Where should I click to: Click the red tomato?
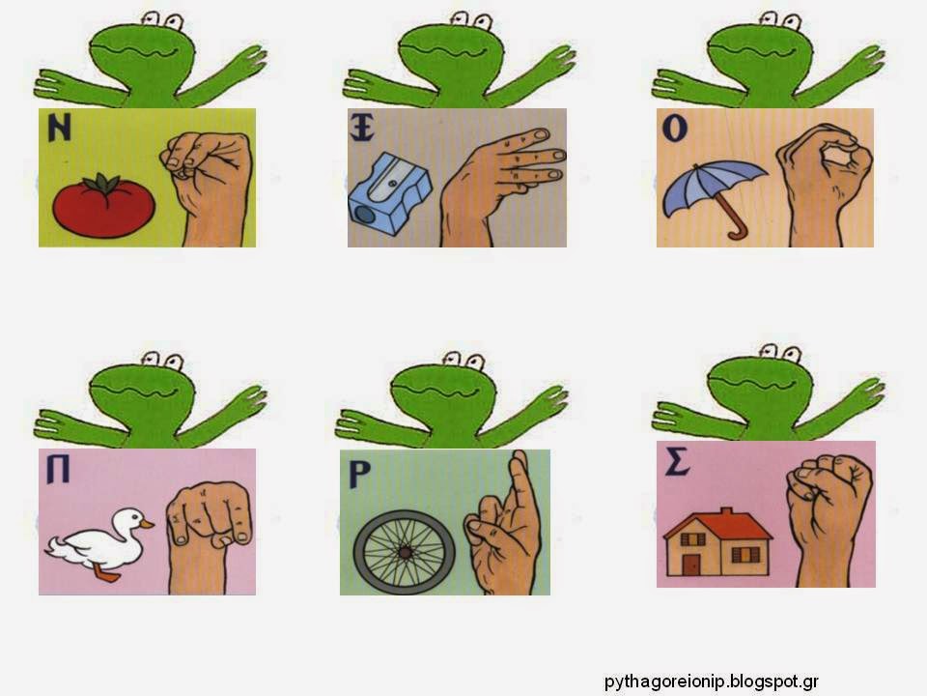[103, 206]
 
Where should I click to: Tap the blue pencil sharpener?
[389, 194]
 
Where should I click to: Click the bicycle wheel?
[405, 552]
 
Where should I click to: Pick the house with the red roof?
[717, 541]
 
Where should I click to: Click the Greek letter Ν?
[59, 128]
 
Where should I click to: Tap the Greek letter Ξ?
[362, 129]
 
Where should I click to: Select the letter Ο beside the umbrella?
[675, 129]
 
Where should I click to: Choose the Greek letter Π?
[58, 471]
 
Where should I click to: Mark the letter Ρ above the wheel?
[359, 475]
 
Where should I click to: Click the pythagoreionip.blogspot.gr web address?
[712, 681]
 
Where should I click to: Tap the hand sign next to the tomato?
[210, 187]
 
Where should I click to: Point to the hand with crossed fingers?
[505, 527]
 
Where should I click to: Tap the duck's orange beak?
[147, 524]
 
